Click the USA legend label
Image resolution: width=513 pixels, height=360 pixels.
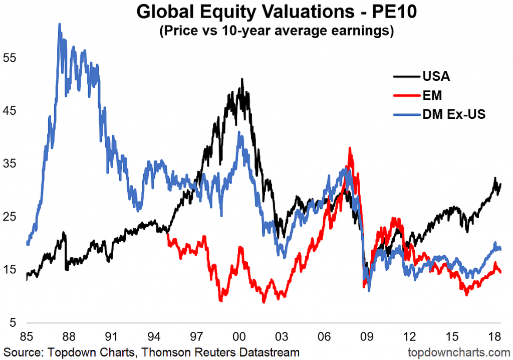(436, 77)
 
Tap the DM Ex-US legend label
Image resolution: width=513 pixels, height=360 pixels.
(454, 114)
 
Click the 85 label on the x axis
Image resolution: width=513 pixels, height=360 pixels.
(27, 335)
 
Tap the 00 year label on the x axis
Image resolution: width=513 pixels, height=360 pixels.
(239, 335)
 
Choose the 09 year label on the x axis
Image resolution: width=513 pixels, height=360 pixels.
(367, 335)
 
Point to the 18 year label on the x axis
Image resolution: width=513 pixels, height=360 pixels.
(494, 335)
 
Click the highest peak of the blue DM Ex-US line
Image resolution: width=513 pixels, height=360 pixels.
(60, 24)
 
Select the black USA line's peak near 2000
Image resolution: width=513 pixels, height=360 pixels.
(242, 79)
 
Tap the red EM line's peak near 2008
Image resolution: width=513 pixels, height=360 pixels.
(350, 148)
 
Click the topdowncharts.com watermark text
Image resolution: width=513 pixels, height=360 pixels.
(456, 352)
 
